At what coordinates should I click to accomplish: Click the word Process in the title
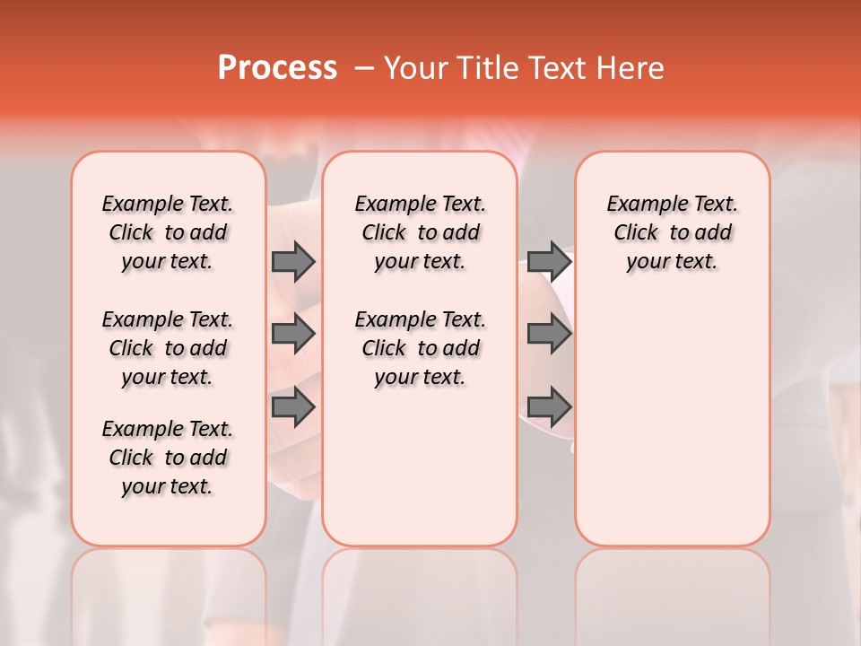[277, 68]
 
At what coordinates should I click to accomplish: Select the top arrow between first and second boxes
[293, 262]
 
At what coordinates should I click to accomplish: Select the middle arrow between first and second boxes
[293, 334]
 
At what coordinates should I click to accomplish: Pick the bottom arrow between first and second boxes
[293, 407]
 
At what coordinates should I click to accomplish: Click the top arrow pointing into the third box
[549, 262]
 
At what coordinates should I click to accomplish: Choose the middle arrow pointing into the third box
[549, 334]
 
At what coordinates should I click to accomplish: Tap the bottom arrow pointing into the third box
[549, 407]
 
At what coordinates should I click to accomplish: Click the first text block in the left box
[168, 232]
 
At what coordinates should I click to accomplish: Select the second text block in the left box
[168, 348]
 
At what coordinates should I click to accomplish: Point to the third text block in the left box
[168, 458]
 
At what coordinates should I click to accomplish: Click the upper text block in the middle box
[420, 232]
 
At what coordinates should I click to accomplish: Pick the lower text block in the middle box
[420, 348]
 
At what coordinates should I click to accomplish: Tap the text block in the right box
[672, 232]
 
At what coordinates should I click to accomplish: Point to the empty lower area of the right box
[672, 422]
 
